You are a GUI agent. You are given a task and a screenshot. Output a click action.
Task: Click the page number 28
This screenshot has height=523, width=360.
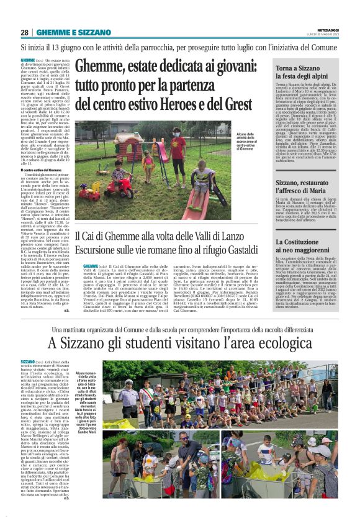click(24, 32)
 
